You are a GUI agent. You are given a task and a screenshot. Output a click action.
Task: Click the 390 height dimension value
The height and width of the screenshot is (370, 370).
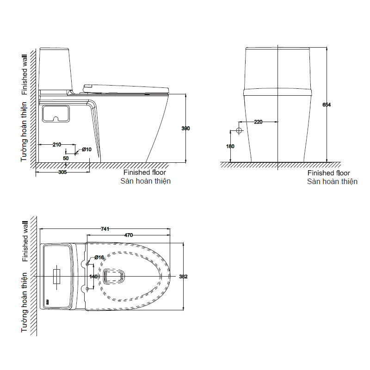185,129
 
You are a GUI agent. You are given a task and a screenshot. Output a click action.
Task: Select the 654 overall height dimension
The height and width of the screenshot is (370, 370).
327,105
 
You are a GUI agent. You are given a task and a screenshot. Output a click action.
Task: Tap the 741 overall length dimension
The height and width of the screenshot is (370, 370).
105,229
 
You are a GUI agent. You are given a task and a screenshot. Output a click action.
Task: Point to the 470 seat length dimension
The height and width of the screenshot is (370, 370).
129,235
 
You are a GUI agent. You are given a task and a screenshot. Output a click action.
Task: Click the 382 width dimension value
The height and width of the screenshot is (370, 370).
183,276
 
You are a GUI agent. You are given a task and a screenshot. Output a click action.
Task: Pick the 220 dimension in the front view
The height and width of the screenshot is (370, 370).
258,122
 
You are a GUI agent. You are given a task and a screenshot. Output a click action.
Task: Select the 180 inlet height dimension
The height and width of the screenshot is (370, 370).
230,146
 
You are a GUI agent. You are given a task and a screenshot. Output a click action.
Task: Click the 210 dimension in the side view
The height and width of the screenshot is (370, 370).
56,144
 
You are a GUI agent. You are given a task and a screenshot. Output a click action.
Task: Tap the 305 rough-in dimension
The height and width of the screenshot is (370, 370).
62,172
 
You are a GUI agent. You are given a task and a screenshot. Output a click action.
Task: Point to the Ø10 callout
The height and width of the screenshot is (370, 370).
86,149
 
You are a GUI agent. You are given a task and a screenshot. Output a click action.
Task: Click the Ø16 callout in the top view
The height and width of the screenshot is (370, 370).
99,258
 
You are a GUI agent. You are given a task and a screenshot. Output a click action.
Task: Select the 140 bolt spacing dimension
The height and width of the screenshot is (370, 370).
93,276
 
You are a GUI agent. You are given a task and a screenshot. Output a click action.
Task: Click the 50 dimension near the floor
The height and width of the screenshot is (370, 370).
66,158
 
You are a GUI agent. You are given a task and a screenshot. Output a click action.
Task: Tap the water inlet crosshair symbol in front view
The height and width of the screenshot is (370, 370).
239,130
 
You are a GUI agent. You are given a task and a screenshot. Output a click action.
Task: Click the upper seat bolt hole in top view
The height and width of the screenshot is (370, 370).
87,264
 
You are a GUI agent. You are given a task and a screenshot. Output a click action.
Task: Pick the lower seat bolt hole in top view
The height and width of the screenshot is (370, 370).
87,289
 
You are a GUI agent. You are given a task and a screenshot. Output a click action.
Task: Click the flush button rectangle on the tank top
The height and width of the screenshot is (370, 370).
56,276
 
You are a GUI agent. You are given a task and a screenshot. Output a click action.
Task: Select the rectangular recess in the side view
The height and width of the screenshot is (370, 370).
56,114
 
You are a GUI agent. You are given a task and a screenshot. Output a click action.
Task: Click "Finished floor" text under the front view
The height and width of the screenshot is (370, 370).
328,173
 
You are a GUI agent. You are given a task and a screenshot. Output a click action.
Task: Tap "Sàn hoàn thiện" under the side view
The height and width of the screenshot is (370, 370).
145,181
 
